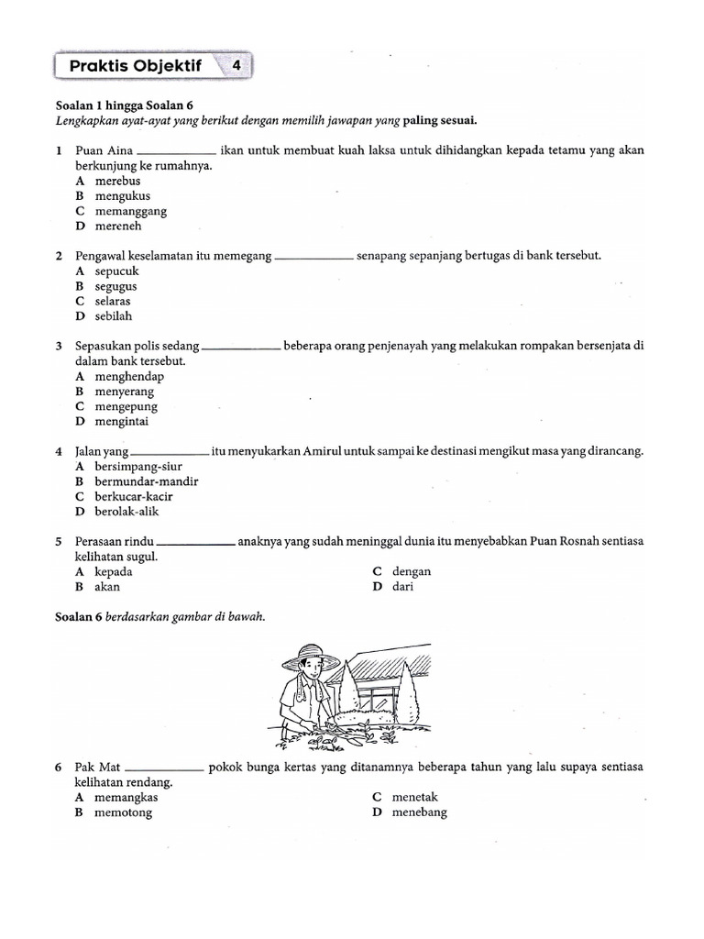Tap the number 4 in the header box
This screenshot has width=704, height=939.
click(236, 66)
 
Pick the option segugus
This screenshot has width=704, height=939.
click(115, 286)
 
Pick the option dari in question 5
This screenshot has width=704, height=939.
click(402, 586)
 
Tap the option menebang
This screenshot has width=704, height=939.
click(419, 812)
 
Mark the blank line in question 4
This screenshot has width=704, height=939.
click(170, 453)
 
